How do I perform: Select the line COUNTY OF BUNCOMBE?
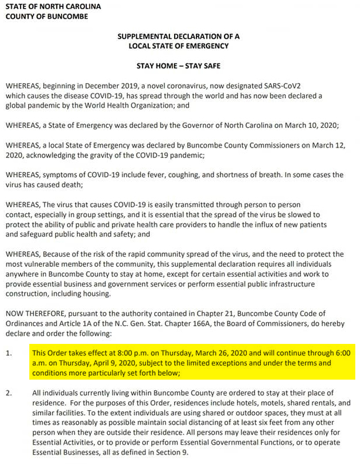click(x=47, y=16)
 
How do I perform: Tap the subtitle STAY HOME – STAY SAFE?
click(x=178, y=66)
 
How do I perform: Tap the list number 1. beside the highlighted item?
click(x=9, y=353)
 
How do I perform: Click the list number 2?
click(x=9, y=393)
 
